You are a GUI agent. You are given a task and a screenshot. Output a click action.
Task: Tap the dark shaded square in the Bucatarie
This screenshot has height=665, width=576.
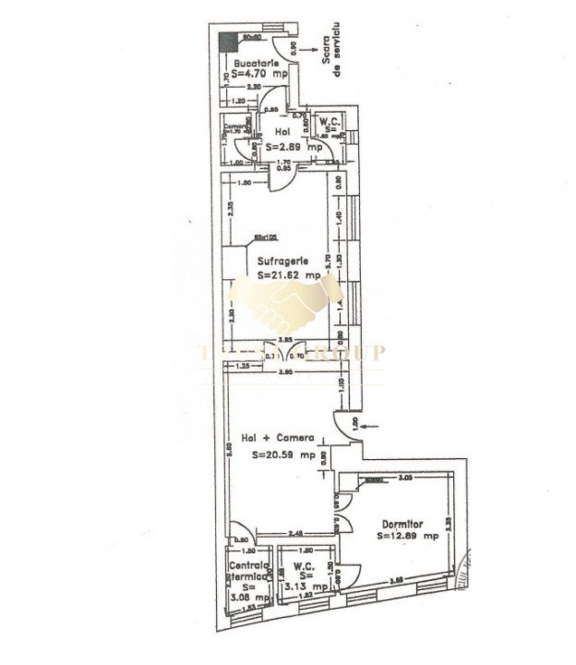click(226, 40)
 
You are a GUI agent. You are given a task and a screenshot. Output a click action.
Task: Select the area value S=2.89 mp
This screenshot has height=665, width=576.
click(294, 147)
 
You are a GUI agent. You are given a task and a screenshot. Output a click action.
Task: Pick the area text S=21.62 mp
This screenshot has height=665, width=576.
click(288, 275)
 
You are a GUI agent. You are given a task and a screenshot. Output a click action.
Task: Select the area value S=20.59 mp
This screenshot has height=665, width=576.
click(283, 453)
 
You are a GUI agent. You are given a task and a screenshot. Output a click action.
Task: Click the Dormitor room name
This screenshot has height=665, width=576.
click(403, 524)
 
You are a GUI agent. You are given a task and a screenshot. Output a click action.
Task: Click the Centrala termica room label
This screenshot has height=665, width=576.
click(247, 570)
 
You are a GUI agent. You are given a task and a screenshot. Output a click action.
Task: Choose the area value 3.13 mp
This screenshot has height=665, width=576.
click(306, 586)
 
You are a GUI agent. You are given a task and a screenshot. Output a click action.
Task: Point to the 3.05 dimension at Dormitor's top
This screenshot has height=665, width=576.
click(404, 478)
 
